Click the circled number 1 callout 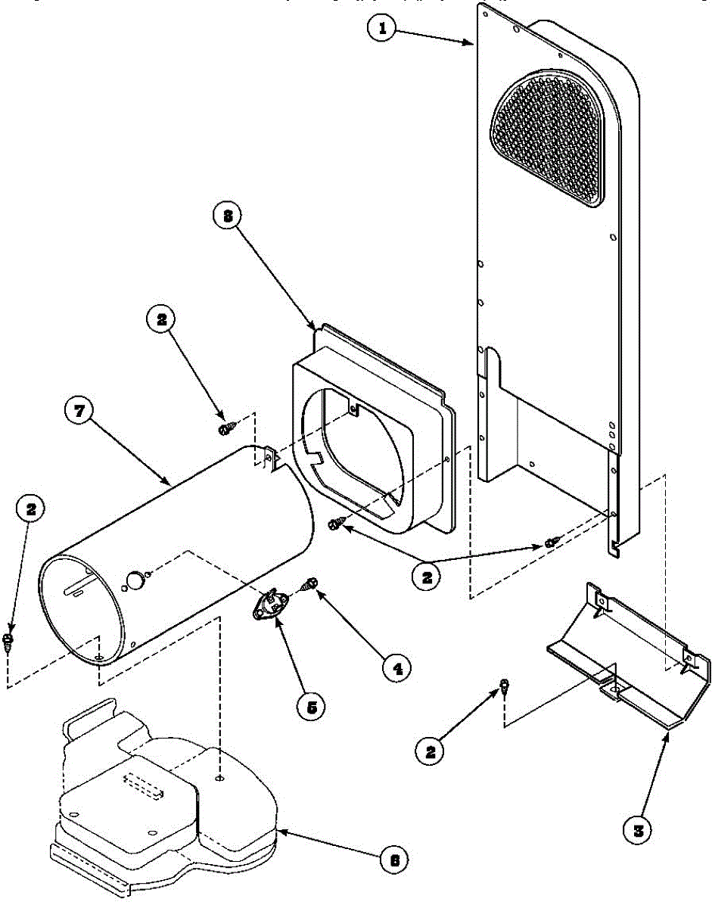click(383, 30)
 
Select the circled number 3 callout click(638, 829)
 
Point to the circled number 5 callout click(310, 707)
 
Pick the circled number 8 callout click(225, 216)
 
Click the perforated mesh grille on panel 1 click(549, 139)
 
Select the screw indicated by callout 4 click(309, 584)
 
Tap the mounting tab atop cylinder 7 click(269, 456)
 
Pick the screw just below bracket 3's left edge click(502, 688)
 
